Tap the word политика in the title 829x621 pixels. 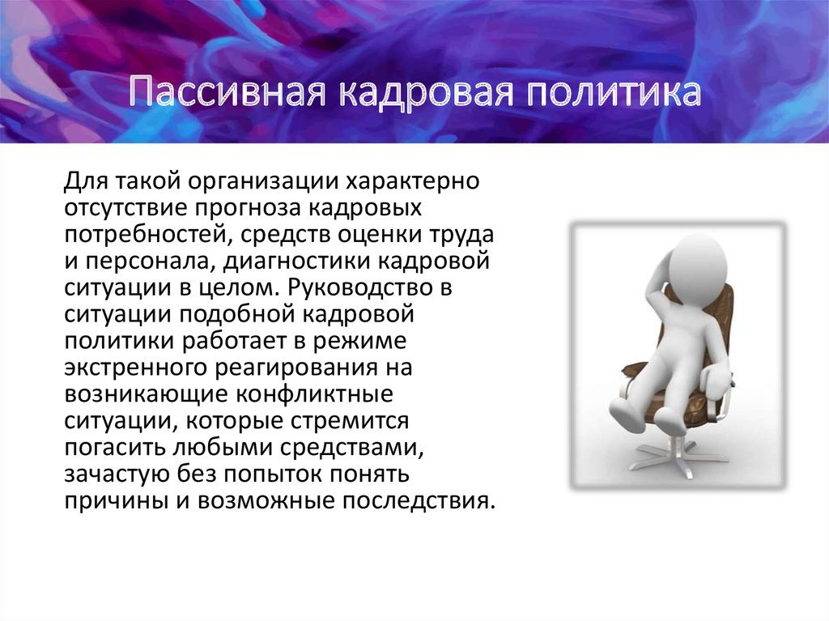click(x=614, y=92)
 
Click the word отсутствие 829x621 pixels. click(x=126, y=207)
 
